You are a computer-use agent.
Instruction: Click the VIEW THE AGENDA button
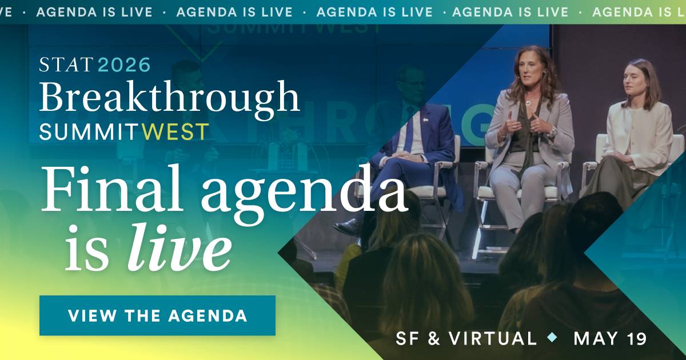(x=157, y=315)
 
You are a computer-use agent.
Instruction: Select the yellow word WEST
(x=176, y=132)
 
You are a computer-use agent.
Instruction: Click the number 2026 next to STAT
(x=125, y=65)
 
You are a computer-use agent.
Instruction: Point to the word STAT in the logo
(x=66, y=65)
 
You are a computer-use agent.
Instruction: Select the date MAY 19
(x=610, y=338)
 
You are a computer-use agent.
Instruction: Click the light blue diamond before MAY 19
(x=552, y=338)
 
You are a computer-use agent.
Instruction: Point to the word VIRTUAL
(x=493, y=338)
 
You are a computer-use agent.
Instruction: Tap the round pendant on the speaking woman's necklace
(x=528, y=103)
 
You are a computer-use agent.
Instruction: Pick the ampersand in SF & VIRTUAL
(x=434, y=338)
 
